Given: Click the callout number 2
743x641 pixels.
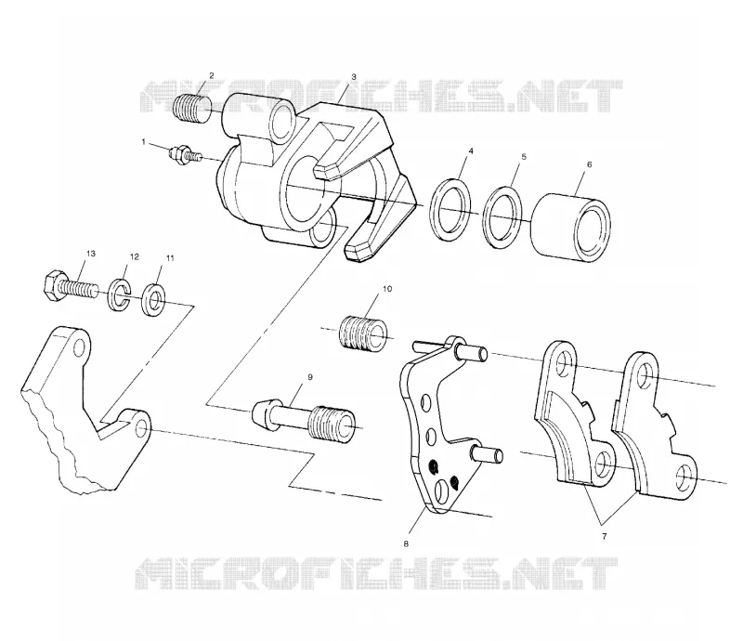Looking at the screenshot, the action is pos(212,75).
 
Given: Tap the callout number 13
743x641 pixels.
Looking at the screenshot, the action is pos(90,254).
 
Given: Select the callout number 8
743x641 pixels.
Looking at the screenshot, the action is pos(406,544).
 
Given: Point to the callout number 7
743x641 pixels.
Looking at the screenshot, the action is pos(605,537).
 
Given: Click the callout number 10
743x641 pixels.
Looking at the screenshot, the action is pos(387,289).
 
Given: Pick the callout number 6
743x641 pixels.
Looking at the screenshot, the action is pos(590,164).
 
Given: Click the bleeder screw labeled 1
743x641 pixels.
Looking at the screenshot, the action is pos(185,155).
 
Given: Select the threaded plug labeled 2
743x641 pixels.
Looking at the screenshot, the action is pos(192,109).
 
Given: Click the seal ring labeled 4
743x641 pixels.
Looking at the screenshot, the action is pos(451,210).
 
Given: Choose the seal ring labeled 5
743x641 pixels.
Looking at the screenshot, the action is pos(502,216).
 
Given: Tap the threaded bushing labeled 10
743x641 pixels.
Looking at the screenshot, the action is pos(363,334).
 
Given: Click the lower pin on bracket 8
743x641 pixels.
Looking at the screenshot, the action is pos(487,454).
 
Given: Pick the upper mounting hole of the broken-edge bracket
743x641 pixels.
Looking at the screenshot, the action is pos(80,347).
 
